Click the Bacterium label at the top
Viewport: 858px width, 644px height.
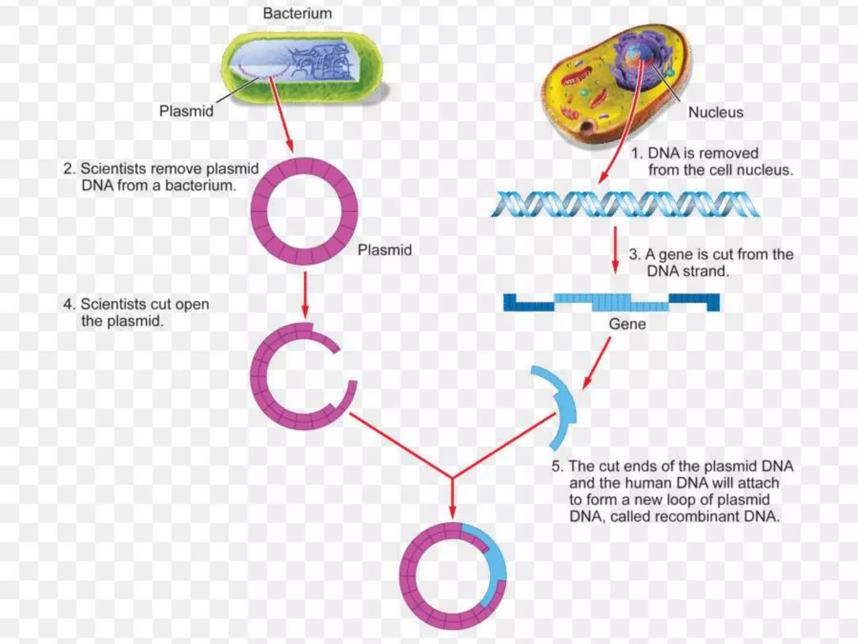pos(297,13)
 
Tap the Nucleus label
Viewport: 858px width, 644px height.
pos(716,112)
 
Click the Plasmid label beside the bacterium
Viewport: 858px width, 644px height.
pos(186,111)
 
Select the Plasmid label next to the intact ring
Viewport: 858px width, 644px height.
pos(384,250)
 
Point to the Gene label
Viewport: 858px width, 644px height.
pos(627,324)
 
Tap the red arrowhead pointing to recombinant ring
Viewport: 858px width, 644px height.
pos(452,512)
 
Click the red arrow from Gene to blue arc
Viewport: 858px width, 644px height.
pos(597,363)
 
